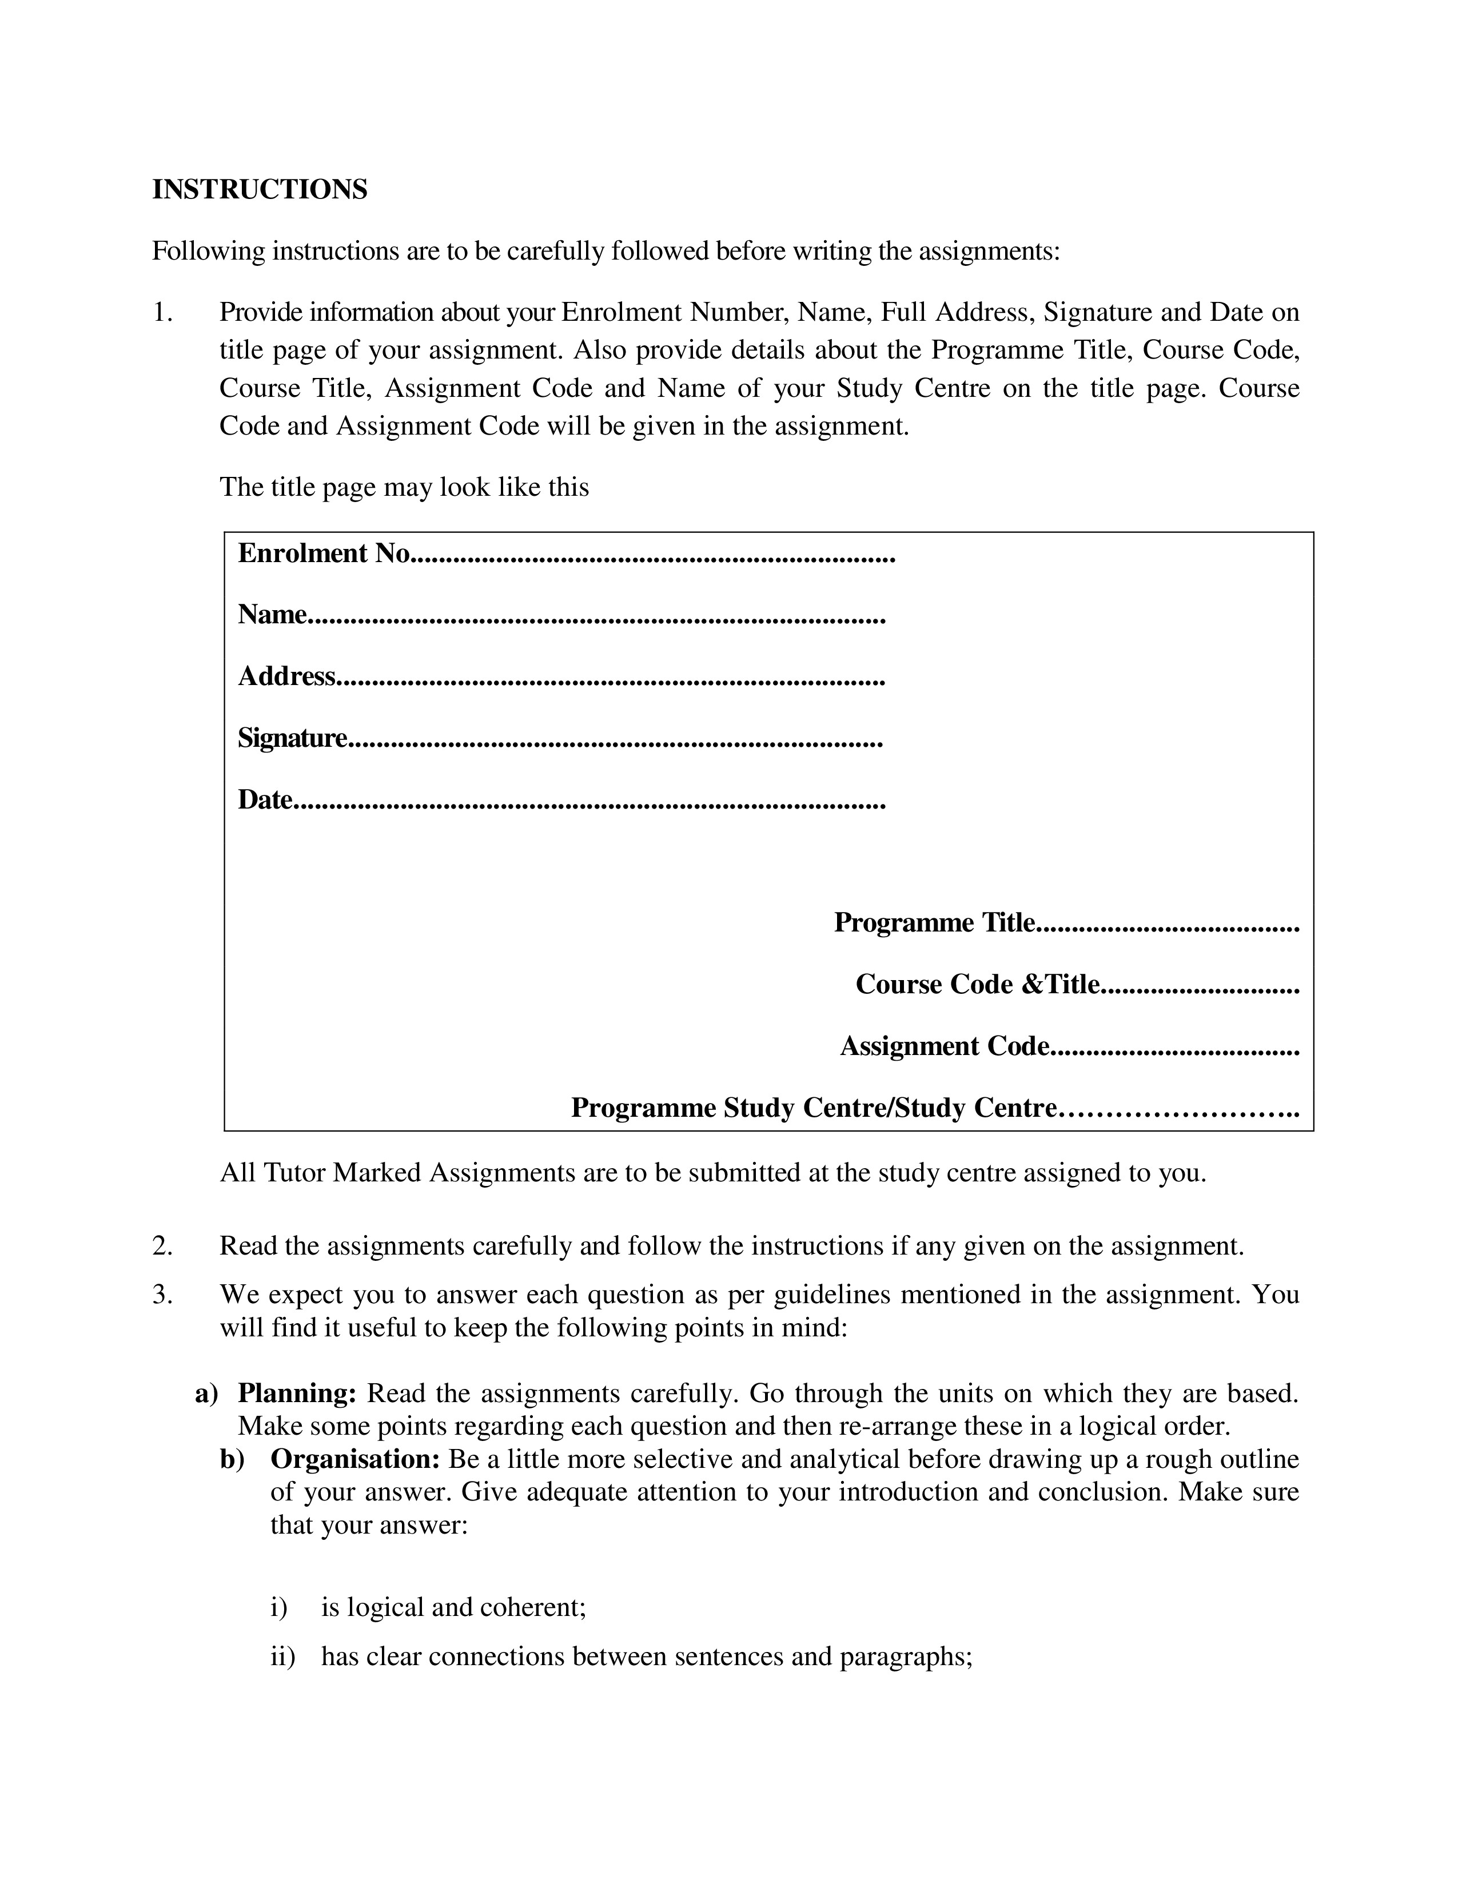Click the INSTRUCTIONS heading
(259, 189)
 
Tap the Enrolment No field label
(323, 553)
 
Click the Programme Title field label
(934, 923)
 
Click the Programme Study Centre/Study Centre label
(814, 1108)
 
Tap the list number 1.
(161, 312)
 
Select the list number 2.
(161, 1246)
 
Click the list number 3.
(161, 1294)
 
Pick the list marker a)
(206, 1394)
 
